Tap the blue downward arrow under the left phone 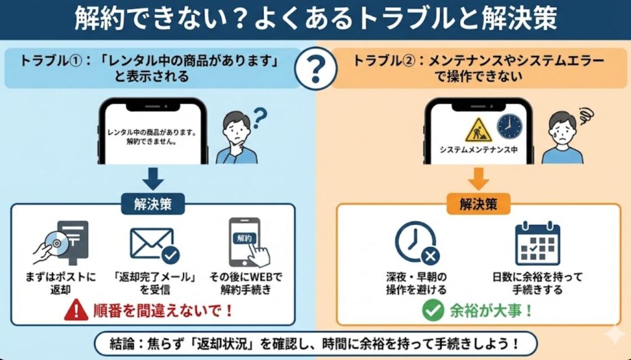pyautogui.click(x=153, y=178)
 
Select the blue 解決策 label pyautogui.click(x=153, y=205)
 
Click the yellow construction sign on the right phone pyautogui.click(x=477, y=129)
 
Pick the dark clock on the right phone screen pyautogui.click(x=509, y=126)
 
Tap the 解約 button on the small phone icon pyautogui.click(x=243, y=237)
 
